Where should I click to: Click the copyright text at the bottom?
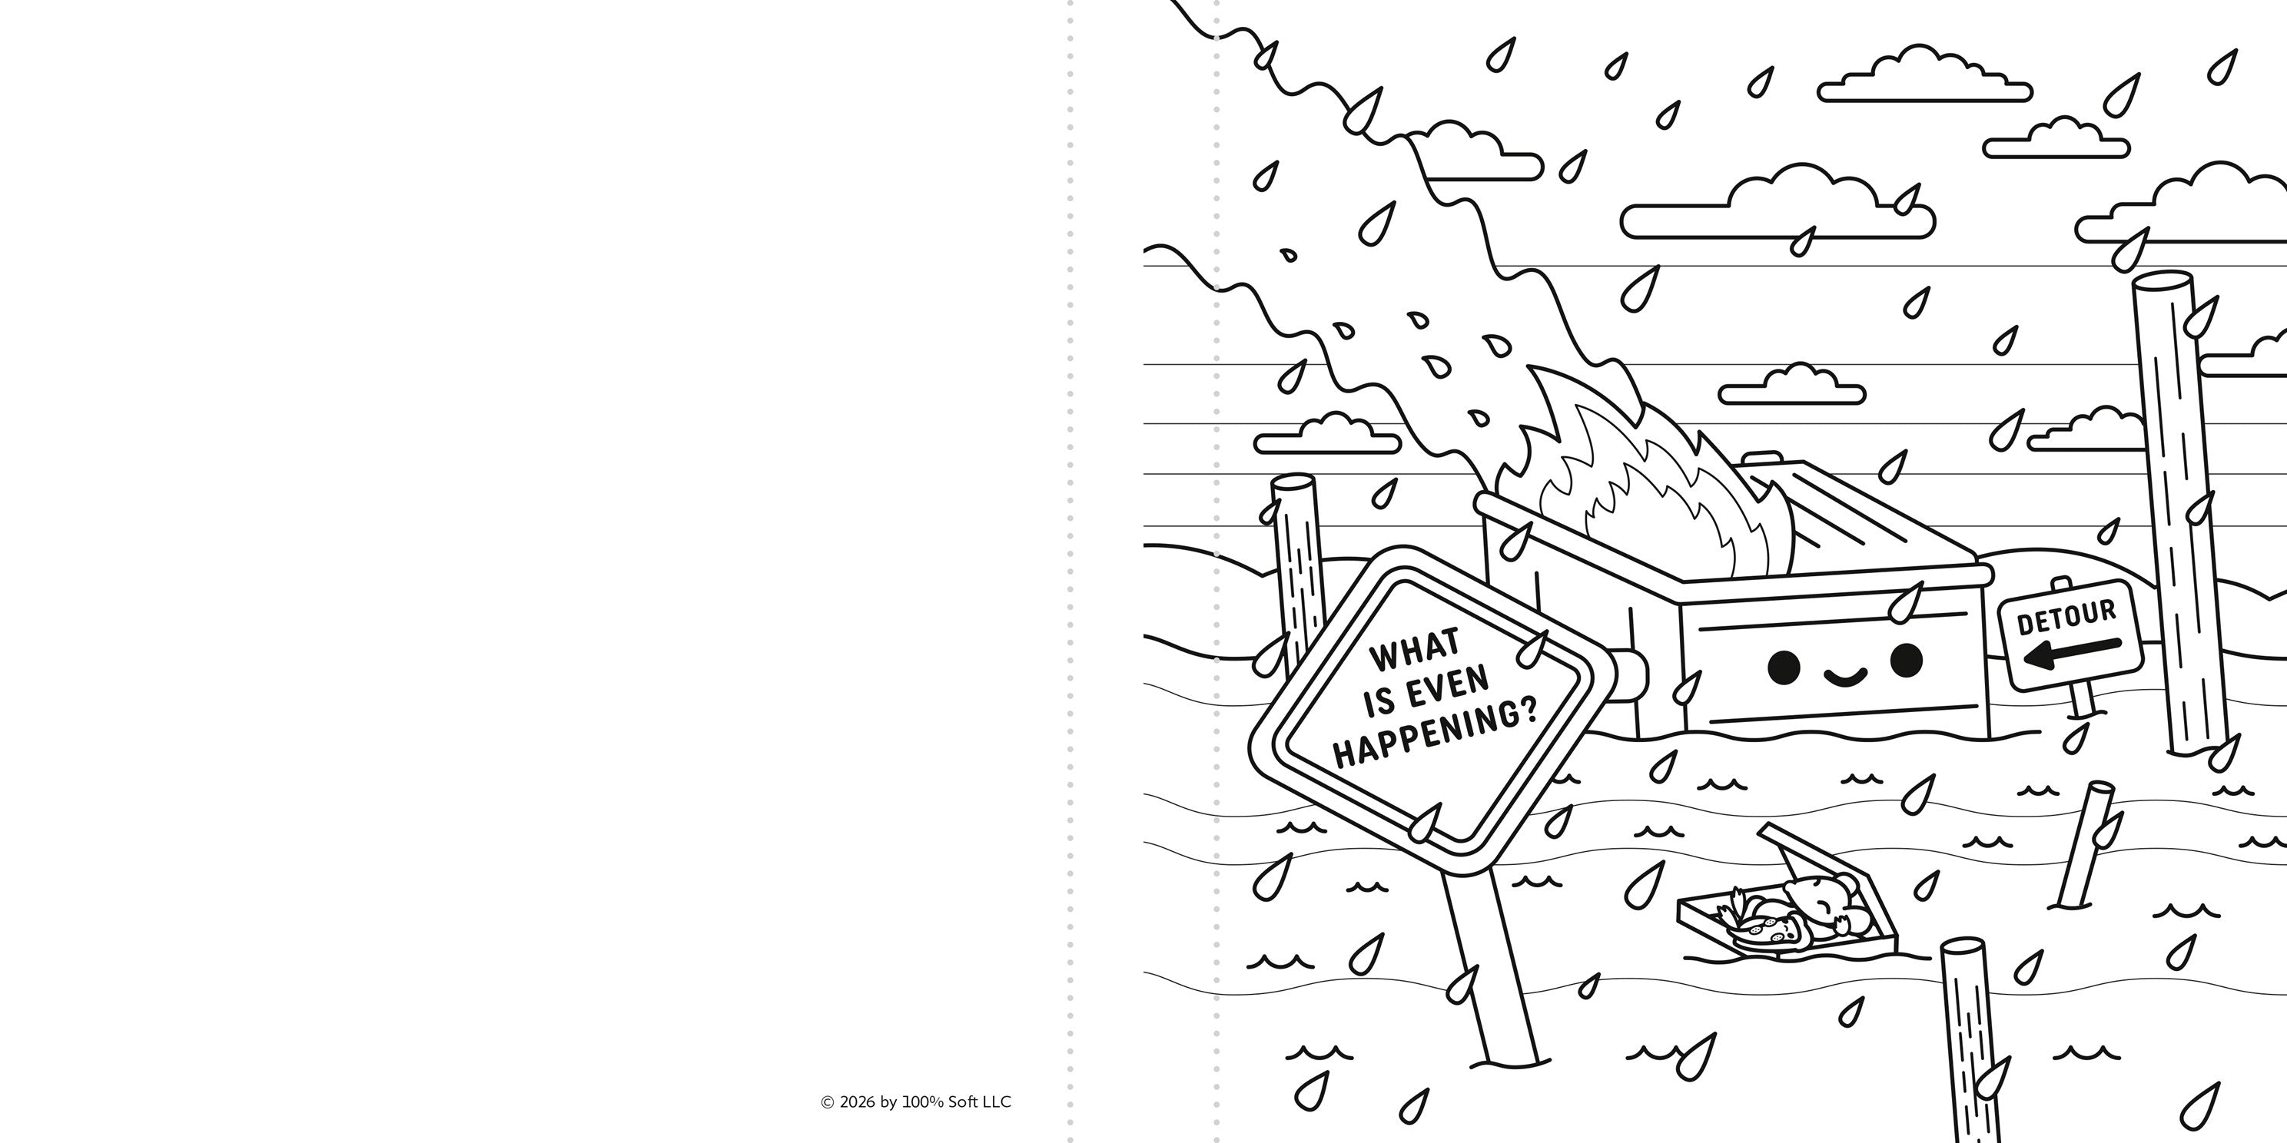click(915, 1102)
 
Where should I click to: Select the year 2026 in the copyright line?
click(857, 1102)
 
